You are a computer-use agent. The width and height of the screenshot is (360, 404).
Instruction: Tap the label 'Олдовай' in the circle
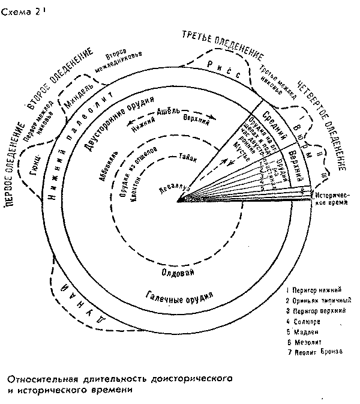pos(178,272)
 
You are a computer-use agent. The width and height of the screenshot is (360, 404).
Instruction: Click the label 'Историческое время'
pos(333,200)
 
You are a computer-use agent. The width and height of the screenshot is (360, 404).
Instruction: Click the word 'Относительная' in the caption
pos(41,379)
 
